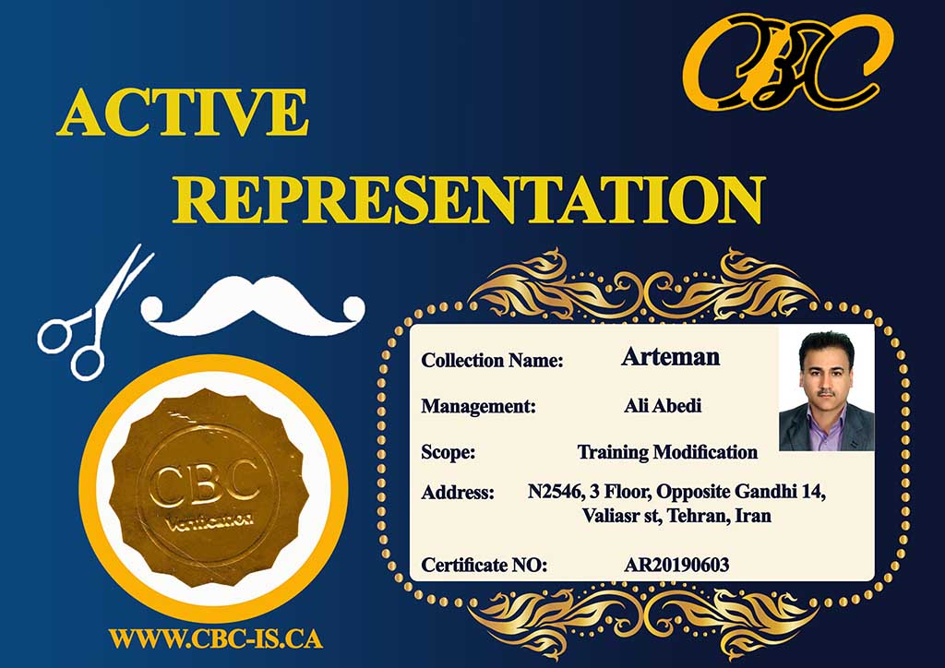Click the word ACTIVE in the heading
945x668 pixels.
[183, 113]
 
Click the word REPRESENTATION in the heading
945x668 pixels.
[469, 200]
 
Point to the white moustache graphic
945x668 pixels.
[253, 305]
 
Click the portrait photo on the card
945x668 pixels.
[826, 388]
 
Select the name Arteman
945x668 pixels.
[671, 356]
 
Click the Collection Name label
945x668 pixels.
[493, 360]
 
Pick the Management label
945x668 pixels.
[479, 406]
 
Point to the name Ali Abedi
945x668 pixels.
[663, 405]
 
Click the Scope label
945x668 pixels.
[449, 452]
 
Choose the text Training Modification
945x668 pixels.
[668, 452]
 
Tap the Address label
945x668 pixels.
[458, 492]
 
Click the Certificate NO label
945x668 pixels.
[484, 565]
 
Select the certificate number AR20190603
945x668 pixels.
[676, 565]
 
